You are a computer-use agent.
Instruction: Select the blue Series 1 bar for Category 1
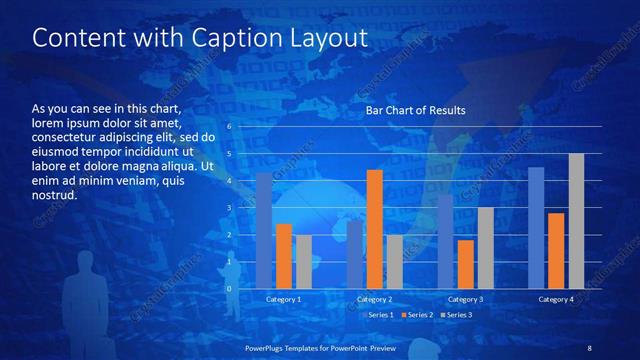click(x=264, y=230)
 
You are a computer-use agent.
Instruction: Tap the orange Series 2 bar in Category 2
click(x=374, y=229)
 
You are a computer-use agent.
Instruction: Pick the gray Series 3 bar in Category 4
click(x=576, y=221)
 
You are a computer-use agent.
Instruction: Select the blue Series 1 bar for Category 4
click(x=536, y=228)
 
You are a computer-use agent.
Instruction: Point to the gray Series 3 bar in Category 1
click(x=304, y=262)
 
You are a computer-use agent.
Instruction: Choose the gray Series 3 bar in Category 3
click(x=485, y=248)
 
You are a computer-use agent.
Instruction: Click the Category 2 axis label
click(x=374, y=299)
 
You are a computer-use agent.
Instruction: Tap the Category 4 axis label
click(x=556, y=299)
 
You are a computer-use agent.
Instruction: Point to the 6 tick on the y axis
click(x=229, y=127)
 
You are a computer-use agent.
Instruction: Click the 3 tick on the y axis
click(x=229, y=208)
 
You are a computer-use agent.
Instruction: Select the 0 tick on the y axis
click(x=229, y=289)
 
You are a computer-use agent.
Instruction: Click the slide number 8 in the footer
click(x=589, y=347)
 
